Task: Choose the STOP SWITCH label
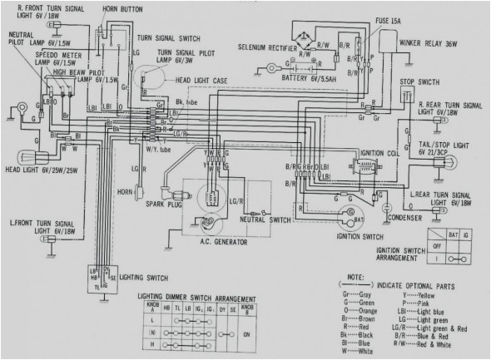click(x=420, y=83)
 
